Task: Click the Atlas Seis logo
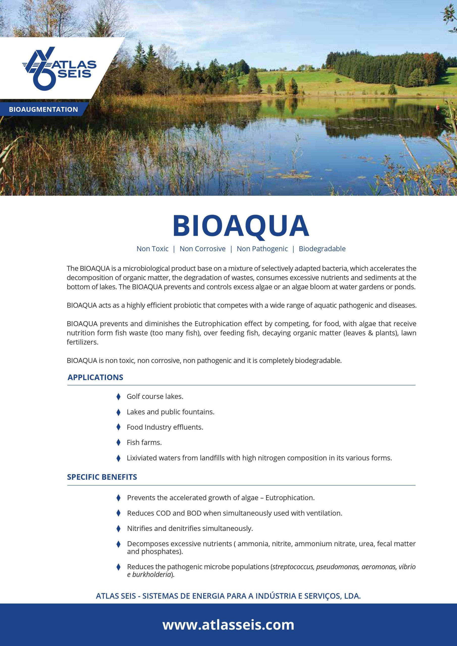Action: tap(59, 68)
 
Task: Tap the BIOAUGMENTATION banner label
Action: tap(43, 110)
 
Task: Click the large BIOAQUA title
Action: tap(241, 226)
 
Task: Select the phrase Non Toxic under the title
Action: tap(152, 249)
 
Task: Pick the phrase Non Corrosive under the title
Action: tap(202, 249)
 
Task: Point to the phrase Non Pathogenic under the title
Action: tap(262, 249)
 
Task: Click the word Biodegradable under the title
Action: tap(322, 249)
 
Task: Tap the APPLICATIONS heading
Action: tap(95, 377)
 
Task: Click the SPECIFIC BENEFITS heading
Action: tap(102, 477)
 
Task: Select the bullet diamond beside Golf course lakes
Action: tap(118, 397)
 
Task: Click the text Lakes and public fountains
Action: tap(170, 412)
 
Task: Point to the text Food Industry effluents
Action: tap(165, 427)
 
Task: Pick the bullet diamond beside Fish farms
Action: tap(118, 443)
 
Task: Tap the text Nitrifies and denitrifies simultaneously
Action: tap(190, 528)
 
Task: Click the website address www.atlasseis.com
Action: tap(228, 625)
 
